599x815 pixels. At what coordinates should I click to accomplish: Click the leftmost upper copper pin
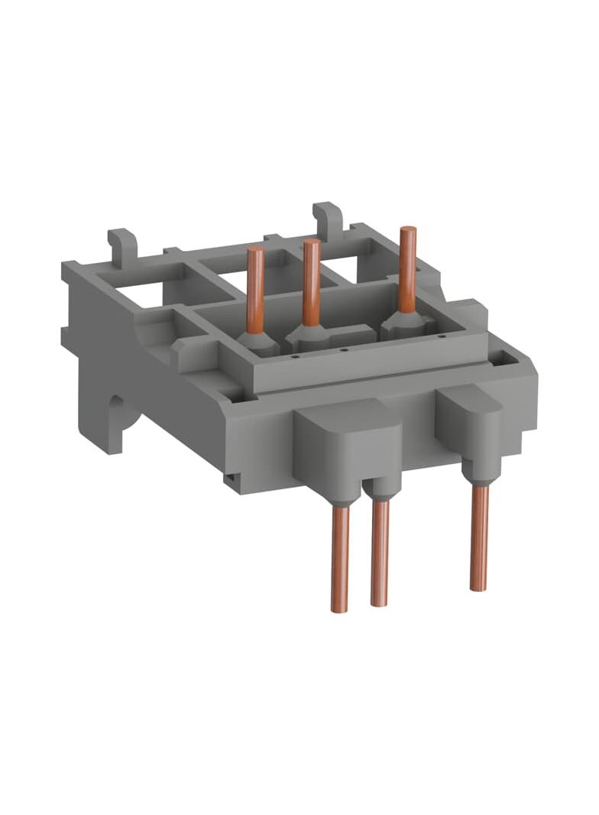pos(255,291)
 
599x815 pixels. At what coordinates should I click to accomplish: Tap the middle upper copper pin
pos(311,283)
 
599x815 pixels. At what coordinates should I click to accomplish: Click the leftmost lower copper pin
pos(340,558)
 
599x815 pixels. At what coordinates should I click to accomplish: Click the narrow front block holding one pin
pos(468,424)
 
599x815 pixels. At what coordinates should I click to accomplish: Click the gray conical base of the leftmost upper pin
pos(257,343)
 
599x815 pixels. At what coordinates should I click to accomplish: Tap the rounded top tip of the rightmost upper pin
pos(408,231)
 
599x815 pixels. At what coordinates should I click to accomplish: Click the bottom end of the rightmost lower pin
pos(479,587)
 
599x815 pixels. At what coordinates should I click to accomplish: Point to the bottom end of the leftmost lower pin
pos(339,609)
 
